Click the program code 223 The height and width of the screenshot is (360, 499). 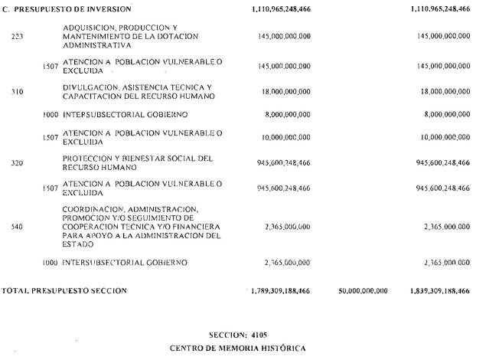coord(18,36)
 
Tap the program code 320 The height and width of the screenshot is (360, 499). coord(18,163)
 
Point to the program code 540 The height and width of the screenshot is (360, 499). coord(18,227)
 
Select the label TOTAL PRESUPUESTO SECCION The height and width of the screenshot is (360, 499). coord(64,291)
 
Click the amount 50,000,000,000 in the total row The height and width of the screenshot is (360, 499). coord(362,291)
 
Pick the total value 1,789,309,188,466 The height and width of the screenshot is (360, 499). coord(281,291)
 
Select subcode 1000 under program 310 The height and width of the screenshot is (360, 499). coord(51,115)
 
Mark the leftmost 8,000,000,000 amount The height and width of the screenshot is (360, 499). coord(286,115)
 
